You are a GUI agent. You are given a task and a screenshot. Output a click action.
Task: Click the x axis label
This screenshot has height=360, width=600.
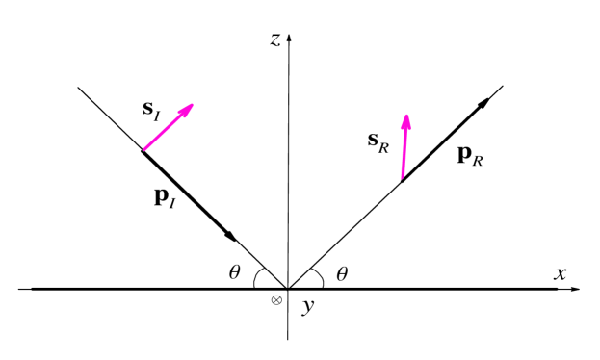(561, 273)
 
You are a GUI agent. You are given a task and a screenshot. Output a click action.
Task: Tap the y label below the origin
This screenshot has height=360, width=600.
(307, 306)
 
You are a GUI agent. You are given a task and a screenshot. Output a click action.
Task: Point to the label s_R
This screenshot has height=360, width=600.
(378, 141)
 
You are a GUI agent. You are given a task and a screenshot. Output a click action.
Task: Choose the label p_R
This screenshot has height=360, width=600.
(469, 154)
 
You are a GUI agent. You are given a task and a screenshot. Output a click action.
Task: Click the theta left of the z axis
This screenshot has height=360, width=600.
(234, 272)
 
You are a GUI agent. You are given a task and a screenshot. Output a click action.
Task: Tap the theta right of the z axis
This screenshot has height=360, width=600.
(341, 274)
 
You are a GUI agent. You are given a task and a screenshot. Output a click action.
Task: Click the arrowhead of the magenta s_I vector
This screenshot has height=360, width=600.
(190, 106)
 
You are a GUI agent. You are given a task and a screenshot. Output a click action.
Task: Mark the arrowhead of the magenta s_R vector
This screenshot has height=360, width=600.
(406, 118)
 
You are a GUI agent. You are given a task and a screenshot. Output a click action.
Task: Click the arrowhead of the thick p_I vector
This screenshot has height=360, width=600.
(232, 236)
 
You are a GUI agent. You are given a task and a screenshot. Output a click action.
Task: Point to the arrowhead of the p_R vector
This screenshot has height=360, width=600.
(484, 102)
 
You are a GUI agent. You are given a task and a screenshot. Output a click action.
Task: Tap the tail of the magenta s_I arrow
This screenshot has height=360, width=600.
(143, 151)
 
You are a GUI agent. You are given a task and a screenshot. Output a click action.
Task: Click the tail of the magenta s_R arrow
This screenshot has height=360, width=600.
(401, 180)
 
